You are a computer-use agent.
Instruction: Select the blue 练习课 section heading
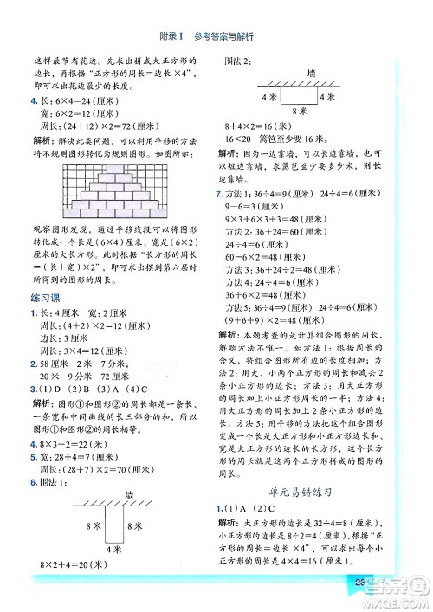point(42,300)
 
